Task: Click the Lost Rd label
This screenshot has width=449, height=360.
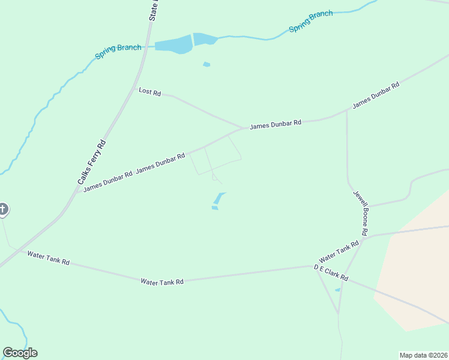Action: tap(150, 92)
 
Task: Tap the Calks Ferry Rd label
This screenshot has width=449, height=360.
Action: tap(92, 162)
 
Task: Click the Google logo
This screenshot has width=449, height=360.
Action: tap(20, 353)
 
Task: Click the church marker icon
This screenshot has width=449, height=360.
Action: tap(3, 209)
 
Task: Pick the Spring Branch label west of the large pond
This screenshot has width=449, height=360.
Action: tap(118, 52)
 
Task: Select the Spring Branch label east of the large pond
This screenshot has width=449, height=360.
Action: tap(310, 22)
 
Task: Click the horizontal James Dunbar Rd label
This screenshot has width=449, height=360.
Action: tap(276, 125)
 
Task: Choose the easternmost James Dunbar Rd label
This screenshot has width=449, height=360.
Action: tap(376, 95)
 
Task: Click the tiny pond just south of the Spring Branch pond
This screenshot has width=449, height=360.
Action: tap(206, 64)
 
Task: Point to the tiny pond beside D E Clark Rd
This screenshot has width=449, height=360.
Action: tap(337, 290)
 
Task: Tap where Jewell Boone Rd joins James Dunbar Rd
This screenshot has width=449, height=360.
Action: tap(347, 110)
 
